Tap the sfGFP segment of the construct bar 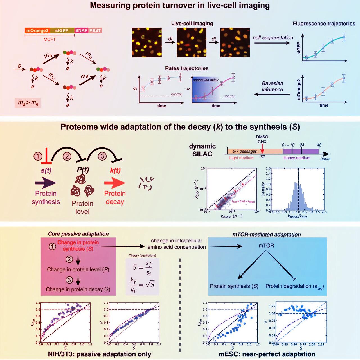click(62, 30)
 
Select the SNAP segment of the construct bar click(82, 30)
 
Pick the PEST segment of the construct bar click(95, 30)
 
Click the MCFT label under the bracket click(49, 40)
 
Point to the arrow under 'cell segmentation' click(272, 43)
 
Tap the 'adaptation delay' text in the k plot click(206, 80)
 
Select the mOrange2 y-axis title click(299, 89)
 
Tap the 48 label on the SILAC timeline click(319, 145)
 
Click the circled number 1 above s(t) click(38, 156)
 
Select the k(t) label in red click(115, 170)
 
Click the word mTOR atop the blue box click(266, 246)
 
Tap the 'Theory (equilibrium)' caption click(142, 255)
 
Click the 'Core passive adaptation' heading click(78, 234)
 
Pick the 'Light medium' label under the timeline click(241, 158)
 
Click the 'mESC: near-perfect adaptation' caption click(267, 354)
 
